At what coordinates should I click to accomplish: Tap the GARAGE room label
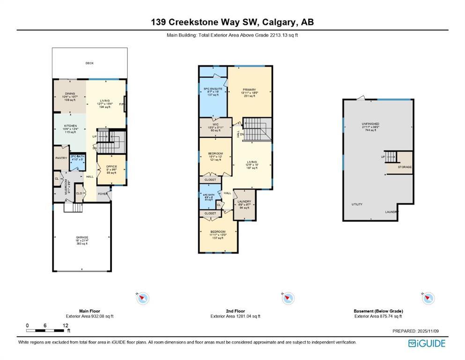tap(82, 237)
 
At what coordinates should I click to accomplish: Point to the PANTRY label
tap(61, 158)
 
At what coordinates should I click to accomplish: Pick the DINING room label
tap(70, 94)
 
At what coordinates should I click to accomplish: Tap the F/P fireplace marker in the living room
tap(122, 104)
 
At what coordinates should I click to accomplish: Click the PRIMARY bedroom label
tap(249, 90)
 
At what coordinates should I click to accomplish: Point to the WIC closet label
tap(215, 125)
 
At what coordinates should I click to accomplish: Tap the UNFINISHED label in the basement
tap(370, 124)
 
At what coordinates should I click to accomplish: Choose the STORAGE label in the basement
tap(405, 167)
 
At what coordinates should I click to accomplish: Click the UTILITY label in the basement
tap(357, 204)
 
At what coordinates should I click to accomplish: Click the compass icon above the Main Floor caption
tap(143, 298)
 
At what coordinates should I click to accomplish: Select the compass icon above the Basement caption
tap(428, 298)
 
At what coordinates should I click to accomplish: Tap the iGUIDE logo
tap(427, 344)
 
